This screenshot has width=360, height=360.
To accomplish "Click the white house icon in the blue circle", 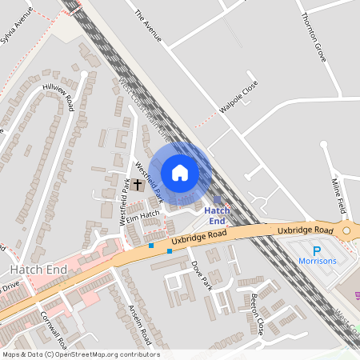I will (x=180, y=172).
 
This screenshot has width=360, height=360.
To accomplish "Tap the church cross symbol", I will (x=138, y=185).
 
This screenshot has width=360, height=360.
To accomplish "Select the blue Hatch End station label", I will (x=218, y=215).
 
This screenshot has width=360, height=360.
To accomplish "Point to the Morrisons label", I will (x=318, y=261).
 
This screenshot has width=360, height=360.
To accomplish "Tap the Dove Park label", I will (x=200, y=274).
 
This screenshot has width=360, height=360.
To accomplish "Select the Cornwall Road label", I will (x=55, y=326).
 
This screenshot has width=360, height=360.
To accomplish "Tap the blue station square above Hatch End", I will (x=218, y=200).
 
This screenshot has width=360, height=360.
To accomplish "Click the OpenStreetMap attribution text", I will (x=80, y=354).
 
